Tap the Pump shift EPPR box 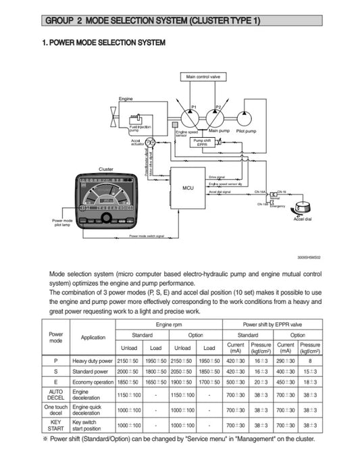[x=202, y=142]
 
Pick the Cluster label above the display [x=106, y=169]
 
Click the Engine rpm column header [x=168, y=324]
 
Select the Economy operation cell [x=93, y=382]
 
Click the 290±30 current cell [x=286, y=361]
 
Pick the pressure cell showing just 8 [x=310, y=361]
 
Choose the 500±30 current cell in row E [x=236, y=382]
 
